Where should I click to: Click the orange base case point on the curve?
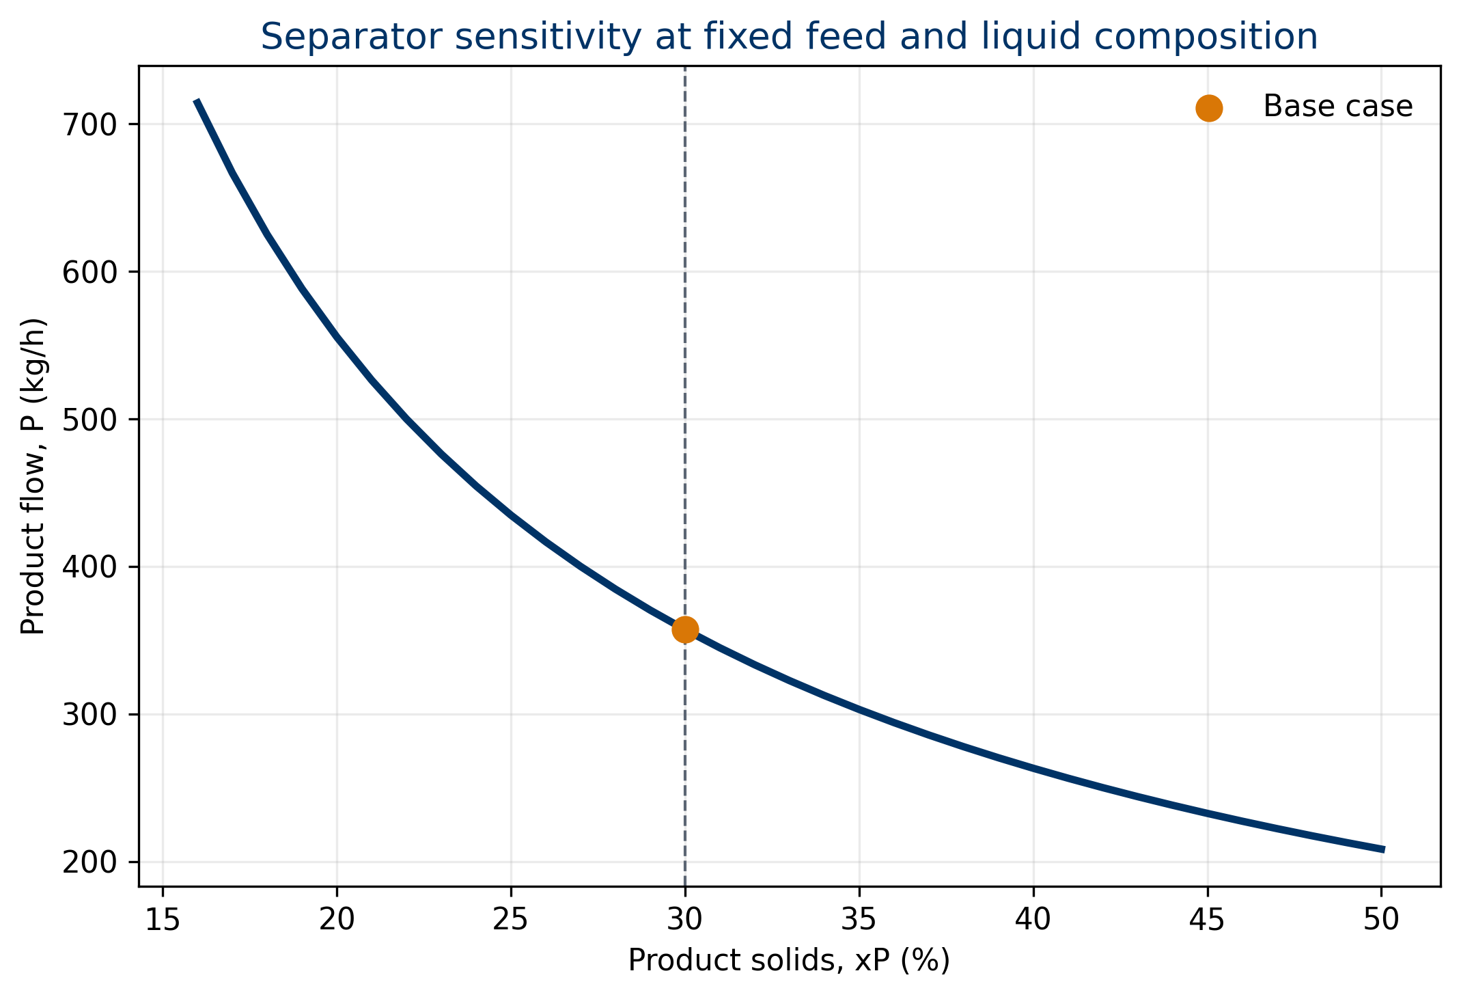tap(685, 629)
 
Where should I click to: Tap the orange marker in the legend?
tap(1209, 108)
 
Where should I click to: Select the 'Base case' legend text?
tap(1338, 107)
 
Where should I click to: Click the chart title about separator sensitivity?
tap(789, 37)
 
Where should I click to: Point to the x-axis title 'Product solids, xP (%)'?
tap(789, 960)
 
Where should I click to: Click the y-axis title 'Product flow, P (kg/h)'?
tap(32, 476)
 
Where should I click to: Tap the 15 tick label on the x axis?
tap(163, 920)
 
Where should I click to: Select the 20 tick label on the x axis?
tap(337, 920)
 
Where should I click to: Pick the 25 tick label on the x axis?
tap(511, 920)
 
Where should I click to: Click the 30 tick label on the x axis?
tap(685, 920)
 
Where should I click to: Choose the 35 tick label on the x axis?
tap(859, 920)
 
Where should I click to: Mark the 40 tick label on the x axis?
tap(1033, 920)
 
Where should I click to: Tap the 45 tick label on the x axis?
tap(1208, 920)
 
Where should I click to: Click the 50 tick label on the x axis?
tap(1382, 920)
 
